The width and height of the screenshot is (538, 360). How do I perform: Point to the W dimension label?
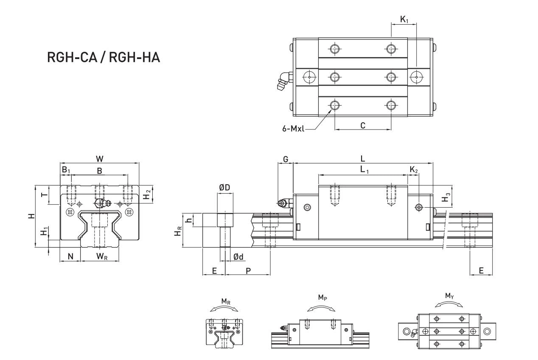pos(100,159)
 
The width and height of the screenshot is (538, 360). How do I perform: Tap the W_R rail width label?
pos(101,256)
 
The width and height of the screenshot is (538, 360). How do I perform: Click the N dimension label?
pos(70,256)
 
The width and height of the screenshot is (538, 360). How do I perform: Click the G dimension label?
pos(286,159)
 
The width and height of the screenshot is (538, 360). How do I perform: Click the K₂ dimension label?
pos(414,170)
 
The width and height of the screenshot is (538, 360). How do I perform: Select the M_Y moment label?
pos(449,295)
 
